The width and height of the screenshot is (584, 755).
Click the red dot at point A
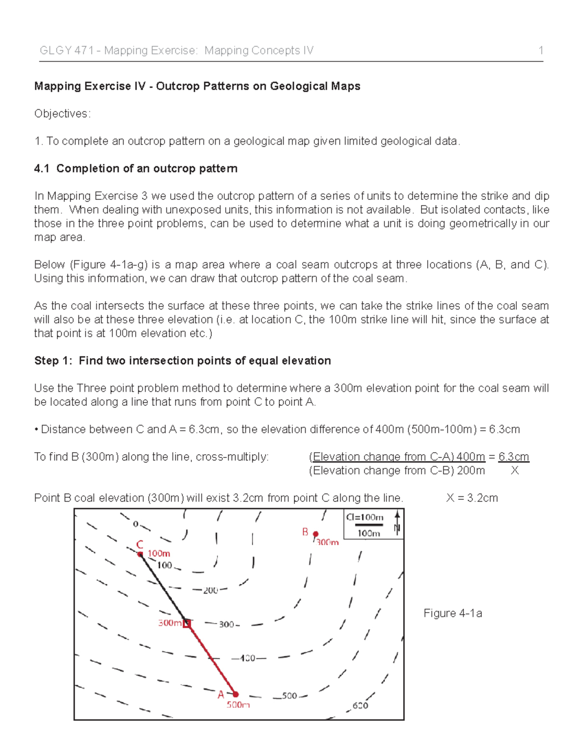(236, 694)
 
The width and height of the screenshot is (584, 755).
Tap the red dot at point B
(315, 534)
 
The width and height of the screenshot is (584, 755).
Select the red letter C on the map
(140, 544)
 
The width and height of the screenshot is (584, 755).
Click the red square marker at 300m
(186, 623)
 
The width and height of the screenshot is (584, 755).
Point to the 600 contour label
(360, 705)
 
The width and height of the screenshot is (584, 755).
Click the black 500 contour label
(289, 696)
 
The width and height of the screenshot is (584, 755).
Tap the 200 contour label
(211, 590)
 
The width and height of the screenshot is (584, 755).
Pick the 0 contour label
(136, 524)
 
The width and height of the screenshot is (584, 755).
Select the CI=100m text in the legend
(365, 517)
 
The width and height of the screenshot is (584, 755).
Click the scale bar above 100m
(368, 525)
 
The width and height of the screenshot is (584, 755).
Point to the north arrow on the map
(397, 523)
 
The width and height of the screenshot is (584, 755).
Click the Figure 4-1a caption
(453, 613)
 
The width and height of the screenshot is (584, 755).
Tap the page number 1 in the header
(541, 51)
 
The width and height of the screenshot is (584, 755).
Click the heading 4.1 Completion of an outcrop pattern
(136, 169)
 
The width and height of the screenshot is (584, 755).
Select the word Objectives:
(62, 114)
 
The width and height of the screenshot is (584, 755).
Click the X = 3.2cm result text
(472, 498)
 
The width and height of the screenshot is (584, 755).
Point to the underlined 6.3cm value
(513, 457)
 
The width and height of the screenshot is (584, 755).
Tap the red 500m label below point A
(238, 705)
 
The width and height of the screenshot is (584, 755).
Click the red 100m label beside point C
(159, 553)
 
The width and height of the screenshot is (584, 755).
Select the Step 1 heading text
(182, 361)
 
